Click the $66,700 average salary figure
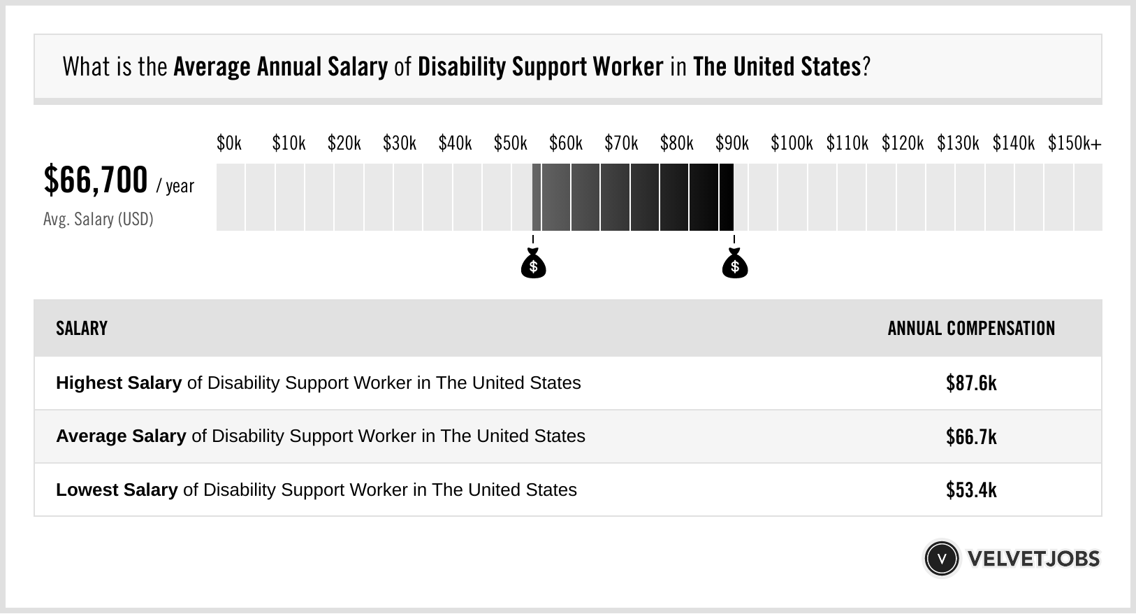pos(96,180)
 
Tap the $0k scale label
pos(229,143)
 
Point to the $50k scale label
pos(510,143)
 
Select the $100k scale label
pos(792,143)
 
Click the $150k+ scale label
pos(1075,143)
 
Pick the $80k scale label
pos(676,143)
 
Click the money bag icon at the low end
pos(534,264)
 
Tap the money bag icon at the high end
pos(734,264)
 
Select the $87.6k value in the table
pos(971,383)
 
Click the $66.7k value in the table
pos(971,436)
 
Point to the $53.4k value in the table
pos(971,490)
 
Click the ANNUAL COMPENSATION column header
pos(971,329)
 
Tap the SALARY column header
pos(82,329)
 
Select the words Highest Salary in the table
pos(119,383)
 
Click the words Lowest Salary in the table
pos(117,490)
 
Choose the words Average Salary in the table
pos(121,436)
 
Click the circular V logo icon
pos(941,559)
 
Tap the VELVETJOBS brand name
pos(1033,559)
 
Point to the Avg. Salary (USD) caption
pos(99,220)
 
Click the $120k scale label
pos(902,143)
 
